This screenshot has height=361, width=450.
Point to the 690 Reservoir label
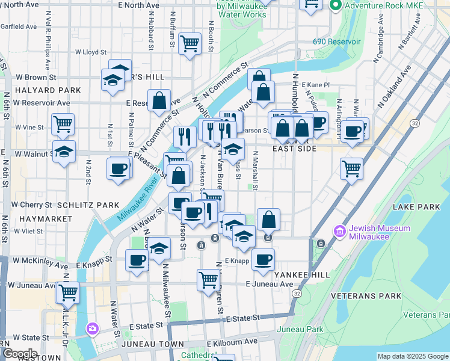click(336, 42)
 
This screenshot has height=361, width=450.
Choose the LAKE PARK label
click(416, 207)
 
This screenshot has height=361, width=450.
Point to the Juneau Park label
click(300, 329)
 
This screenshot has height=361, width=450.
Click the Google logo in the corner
click(19, 354)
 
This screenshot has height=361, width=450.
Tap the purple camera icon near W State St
click(92, 329)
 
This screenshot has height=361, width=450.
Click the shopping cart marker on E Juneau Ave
click(208, 279)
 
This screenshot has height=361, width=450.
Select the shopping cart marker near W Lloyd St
click(190, 43)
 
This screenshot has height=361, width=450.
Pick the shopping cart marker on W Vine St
click(63, 124)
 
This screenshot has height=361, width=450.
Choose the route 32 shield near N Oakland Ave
click(415, 123)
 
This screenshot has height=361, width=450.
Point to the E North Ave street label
click(139, 5)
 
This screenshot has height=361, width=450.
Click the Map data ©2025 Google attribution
click(413, 356)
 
